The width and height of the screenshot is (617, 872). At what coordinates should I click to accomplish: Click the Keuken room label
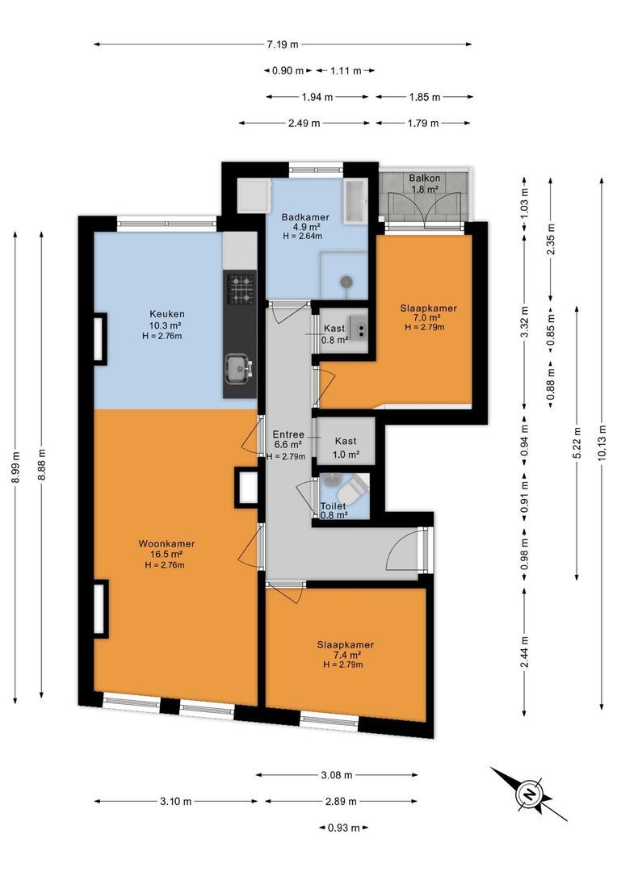tap(167, 314)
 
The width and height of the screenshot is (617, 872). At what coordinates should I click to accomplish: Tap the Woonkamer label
tap(166, 544)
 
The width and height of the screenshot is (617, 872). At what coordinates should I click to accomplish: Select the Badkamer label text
tap(305, 217)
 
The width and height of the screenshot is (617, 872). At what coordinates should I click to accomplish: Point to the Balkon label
tap(425, 178)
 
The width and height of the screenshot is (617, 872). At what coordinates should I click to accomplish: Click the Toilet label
tap(334, 506)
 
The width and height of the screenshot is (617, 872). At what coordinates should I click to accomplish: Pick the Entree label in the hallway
tap(288, 434)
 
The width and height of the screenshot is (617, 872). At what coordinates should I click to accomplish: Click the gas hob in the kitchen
tap(241, 288)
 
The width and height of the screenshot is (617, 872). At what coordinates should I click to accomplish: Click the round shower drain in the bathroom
tap(346, 282)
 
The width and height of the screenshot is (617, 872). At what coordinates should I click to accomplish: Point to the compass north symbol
tap(528, 794)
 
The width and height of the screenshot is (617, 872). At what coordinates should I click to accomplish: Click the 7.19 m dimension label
tap(282, 44)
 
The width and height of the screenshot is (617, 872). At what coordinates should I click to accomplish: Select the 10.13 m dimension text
tap(602, 443)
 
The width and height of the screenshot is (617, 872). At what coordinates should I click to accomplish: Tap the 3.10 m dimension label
tap(176, 802)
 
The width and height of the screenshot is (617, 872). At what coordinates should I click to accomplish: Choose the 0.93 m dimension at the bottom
tap(343, 828)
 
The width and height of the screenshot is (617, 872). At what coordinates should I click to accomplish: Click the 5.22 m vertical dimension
tap(577, 442)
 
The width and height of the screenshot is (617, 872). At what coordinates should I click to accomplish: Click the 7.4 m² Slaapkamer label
tap(345, 655)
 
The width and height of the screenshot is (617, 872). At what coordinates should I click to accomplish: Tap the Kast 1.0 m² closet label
tap(346, 447)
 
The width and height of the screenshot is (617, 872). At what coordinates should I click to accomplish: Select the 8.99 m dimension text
tap(15, 467)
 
